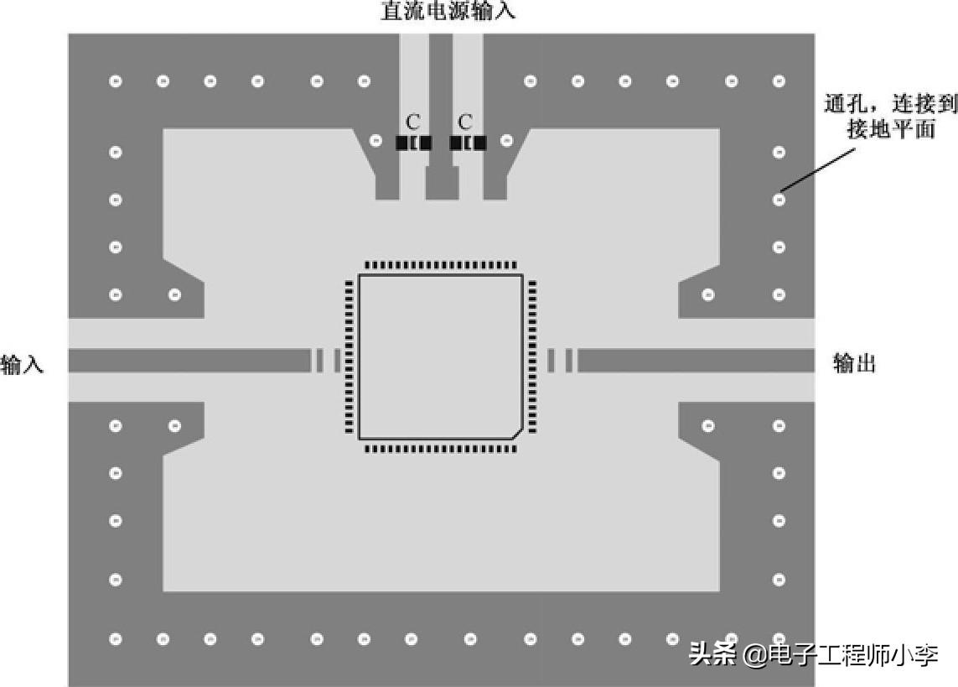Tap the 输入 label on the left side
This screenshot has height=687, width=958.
click(x=22, y=364)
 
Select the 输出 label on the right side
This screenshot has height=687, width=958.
click(x=854, y=363)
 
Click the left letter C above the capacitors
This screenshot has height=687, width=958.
click(x=412, y=122)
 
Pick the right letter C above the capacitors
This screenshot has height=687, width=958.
click(x=466, y=122)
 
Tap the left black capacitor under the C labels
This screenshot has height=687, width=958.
click(x=414, y=143)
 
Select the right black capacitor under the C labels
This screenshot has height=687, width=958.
click(x=468, y=143)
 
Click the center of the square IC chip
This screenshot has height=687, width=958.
click(x=440, y=356)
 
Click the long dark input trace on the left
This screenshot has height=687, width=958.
click(x=189, y=361)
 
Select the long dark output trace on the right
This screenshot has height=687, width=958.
click(x=696, y=361)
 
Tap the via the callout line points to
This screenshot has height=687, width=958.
click(x=779, y=200)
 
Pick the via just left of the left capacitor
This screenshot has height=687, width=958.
click(x=376, y=141)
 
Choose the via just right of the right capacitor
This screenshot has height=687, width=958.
click(x=506, y=141)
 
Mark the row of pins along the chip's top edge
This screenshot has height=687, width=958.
click(x=441, y=264)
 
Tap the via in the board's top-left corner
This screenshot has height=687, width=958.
click(x=117, y=81)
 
